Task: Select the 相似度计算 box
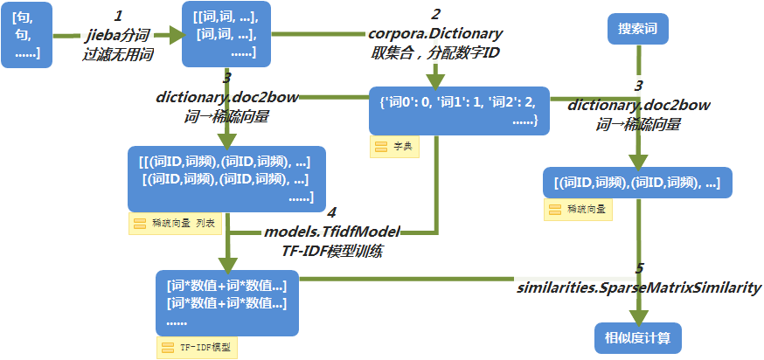[637, 336]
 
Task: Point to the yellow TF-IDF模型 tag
[197, 347]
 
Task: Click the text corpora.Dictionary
[435, 33]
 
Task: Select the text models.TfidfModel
[331, 232]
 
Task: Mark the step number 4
[330, 212]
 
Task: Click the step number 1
[118, 16]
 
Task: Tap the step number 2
[435, 14]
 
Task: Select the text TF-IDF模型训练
[331, 250]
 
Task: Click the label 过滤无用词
[118, 54]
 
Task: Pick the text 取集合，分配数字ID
[435, 52]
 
